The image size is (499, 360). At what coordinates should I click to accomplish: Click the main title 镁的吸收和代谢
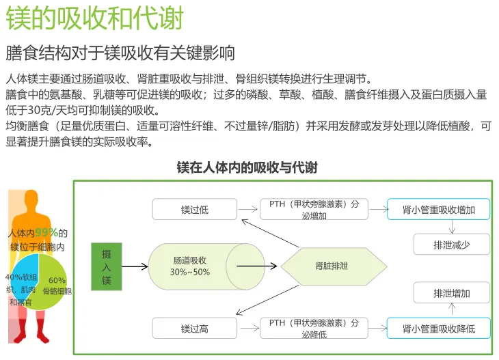click(x=95, y=18)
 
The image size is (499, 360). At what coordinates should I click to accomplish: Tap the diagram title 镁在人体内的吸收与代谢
click(x=247, y=167)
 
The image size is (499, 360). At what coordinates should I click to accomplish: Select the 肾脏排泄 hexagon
click(x=332, y=266)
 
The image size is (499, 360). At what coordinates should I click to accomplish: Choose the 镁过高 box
click(x=194, y=329)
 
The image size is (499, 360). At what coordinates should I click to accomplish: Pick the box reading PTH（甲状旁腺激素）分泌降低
click(x=314, y=329)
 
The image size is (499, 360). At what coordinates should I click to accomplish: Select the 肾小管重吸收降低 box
click(x=438, y=329)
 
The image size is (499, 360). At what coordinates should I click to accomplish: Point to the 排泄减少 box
click(x=451, y=244)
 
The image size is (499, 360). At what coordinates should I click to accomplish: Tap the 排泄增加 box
click(x=451, y=294)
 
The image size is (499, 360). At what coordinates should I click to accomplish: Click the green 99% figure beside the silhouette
click(x=46, y=232)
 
